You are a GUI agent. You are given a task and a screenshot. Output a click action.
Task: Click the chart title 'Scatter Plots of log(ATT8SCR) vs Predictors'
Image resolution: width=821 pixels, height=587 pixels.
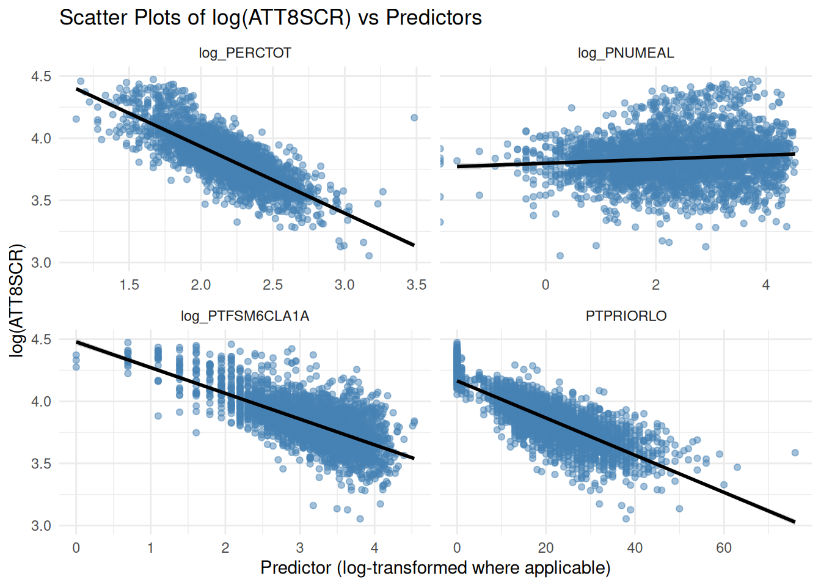(x=271, y=18)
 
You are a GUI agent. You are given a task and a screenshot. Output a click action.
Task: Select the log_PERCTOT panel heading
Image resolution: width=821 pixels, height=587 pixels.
(x=245, y=53)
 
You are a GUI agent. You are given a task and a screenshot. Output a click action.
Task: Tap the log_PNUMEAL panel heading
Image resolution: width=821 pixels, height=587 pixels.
(x=626, y=53)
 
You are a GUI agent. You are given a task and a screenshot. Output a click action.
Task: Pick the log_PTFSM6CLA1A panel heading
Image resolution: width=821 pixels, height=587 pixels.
(x=245, y=316)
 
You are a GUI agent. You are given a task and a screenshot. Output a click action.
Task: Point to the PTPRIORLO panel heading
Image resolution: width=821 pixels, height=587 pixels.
(x=626, y=316)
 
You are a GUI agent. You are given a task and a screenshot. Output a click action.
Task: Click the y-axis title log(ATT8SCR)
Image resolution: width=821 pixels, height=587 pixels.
(x=17, y=300)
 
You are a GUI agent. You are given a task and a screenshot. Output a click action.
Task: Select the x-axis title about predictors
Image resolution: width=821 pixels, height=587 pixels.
(x=435, y=568)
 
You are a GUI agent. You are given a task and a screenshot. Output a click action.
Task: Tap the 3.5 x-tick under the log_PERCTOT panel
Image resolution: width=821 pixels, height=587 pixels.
(x=416, y=285)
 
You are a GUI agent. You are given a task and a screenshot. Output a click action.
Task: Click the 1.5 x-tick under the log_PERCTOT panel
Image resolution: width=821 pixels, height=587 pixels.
(x=129, y=285)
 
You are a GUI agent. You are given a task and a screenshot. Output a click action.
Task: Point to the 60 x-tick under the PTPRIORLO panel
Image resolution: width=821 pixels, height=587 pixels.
(x=724, y=548)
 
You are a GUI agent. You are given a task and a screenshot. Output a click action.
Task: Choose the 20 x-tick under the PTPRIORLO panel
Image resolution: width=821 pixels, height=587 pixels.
(x=546, y=548)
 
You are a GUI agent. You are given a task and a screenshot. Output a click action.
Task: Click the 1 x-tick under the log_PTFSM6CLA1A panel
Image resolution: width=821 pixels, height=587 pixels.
(x=150, y=548)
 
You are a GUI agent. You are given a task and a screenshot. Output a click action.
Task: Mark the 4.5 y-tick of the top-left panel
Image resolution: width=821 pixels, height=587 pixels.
(x=42, y=76)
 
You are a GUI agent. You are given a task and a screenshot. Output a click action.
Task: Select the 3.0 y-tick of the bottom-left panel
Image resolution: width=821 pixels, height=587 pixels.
(x=42, y=526)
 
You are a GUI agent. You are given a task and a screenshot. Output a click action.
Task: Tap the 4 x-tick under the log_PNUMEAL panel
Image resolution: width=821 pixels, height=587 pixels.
(x=765, y=285)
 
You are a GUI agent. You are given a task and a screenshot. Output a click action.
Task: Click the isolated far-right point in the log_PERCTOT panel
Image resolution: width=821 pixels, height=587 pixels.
(x=414, y=117)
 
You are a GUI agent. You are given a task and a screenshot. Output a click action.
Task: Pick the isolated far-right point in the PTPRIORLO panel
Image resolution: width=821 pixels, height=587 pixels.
(x=795, y=453)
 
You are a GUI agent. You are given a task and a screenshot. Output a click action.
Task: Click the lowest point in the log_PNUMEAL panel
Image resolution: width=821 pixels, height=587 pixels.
(x=560, y=256)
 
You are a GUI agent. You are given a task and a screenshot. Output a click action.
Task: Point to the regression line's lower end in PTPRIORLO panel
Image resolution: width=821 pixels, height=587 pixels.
(x=794, y=521)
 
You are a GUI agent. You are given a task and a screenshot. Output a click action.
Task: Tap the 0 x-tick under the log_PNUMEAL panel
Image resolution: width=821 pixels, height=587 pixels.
(x=546, y=285)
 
